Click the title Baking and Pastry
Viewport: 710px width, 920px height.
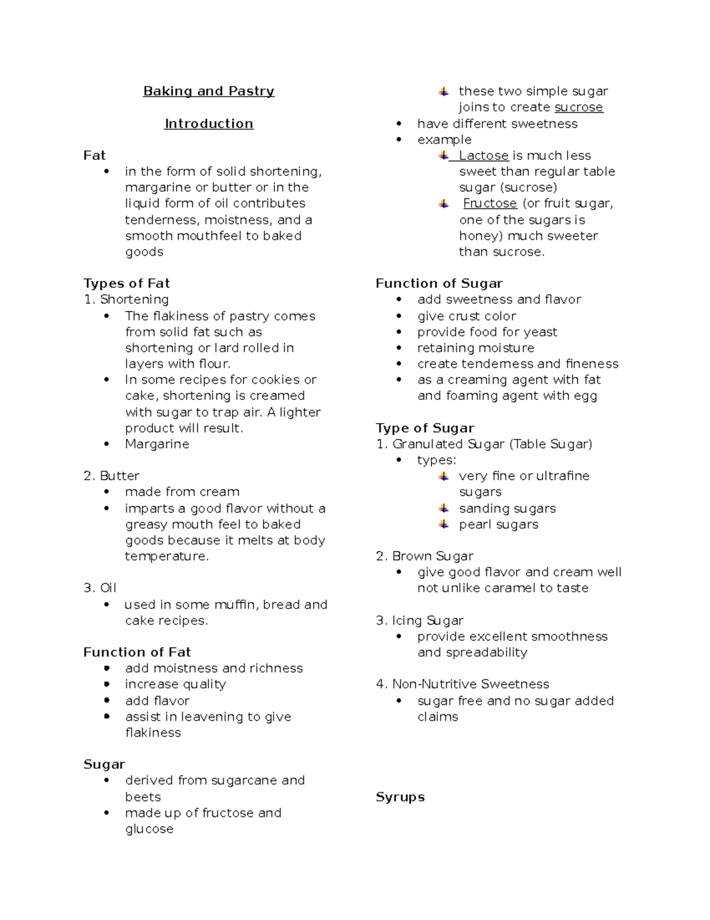coord(208,91)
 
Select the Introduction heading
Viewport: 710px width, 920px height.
coord(208,124)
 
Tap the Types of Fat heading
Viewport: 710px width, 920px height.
coord(126,283)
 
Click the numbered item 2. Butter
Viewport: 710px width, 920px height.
coord(111,476)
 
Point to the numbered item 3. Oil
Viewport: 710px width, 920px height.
coord(99,588)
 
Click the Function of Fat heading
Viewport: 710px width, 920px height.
coord(137,652)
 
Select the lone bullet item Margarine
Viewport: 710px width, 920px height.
coord(157,444)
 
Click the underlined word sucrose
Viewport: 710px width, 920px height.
coord(579,107)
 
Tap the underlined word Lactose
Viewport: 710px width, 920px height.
coord(483,155)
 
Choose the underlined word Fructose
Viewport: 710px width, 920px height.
coord(490,203)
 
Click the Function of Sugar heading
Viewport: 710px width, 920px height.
coord(439,283)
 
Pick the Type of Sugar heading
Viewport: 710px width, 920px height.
coord(425,428)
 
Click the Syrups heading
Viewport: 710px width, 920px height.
coord(400,797)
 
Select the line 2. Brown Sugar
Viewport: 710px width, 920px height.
coord(424,556)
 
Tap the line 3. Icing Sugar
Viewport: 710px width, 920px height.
coord(419,620)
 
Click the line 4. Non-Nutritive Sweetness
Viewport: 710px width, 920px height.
coord(462,684)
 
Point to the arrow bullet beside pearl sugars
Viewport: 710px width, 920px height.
coord(444,524)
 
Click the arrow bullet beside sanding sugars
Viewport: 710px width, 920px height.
coord(444,508)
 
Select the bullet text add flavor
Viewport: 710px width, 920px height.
coord(157,700)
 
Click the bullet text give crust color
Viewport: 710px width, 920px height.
coord(466,316)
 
